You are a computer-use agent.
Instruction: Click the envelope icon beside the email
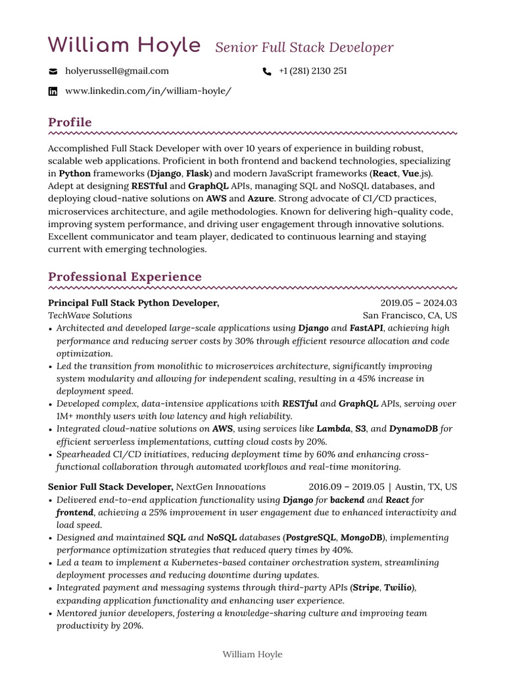(x=53, y=72)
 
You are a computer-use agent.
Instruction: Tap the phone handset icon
(x=266, y=72)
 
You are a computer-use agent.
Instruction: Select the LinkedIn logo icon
(x=53, y=91)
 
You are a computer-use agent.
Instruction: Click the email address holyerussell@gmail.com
(x=117, y=71)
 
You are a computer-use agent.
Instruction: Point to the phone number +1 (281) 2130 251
(x=313, y=71)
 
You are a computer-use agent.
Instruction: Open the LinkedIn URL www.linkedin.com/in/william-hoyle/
(x=149, y=91)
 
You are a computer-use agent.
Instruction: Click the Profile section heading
(x=70, y=122)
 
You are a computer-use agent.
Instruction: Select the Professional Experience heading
(x=125, y=277)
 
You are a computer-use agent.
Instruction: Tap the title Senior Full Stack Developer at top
(x=304, y=47)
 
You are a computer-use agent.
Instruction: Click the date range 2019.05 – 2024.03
(x=419, y=303)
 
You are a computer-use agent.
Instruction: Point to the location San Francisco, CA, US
(x=410, y=315)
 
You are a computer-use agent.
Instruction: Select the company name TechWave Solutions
(x=90, y=315)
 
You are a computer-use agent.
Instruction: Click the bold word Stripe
(x=366, y=588)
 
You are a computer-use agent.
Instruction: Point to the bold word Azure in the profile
(x=260, y=198)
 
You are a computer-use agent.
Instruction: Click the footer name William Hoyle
(x=252, y=654)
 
